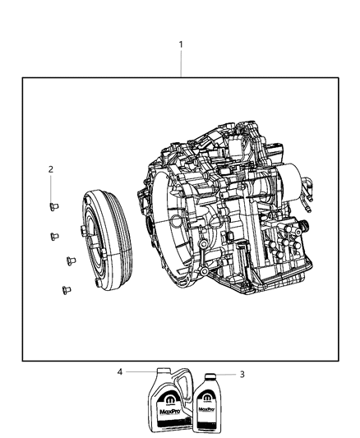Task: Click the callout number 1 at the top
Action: (x=181, y=44)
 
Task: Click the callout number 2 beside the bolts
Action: (x=50, y=169)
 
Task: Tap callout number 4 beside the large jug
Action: (x=120, y=371)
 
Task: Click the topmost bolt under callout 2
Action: (x=52, y=206)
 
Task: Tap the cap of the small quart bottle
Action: (x=210, y=379)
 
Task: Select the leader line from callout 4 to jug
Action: (x=140, y=371)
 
